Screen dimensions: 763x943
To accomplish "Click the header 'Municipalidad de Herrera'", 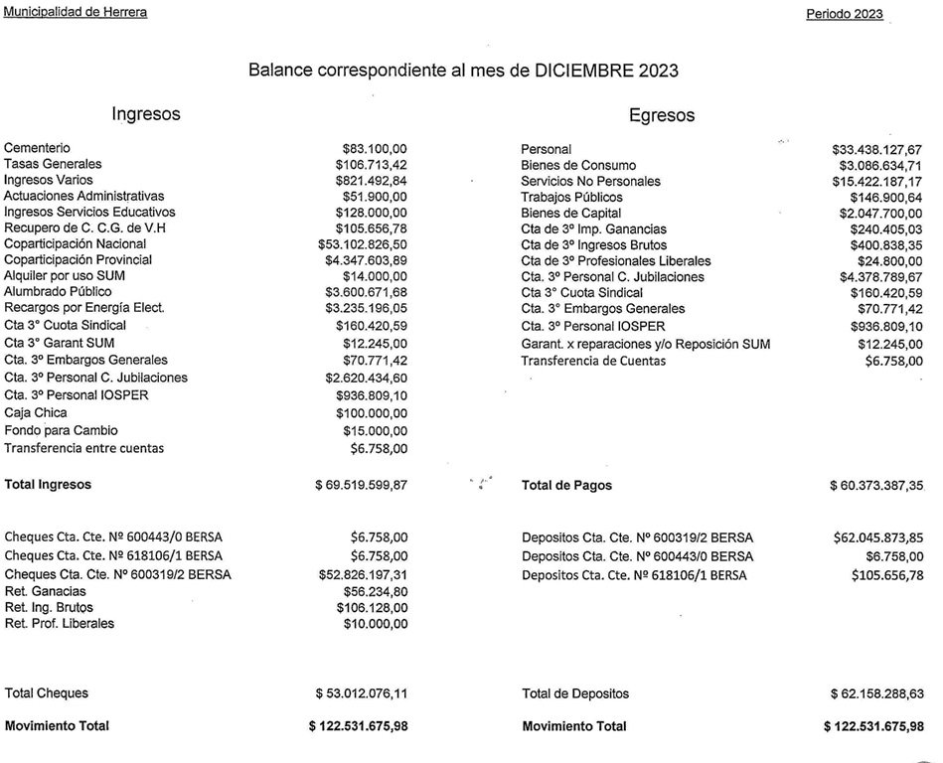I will [76, 12].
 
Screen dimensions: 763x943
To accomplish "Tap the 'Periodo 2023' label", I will [844, 15].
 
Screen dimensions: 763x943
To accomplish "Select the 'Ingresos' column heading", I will [146, 113].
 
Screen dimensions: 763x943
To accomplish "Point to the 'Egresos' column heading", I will [662, 115].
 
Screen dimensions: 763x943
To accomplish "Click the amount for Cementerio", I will [375, 148].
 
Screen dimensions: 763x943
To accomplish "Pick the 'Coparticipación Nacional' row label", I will [76, 244].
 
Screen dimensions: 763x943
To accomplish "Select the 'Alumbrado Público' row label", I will [58, 292].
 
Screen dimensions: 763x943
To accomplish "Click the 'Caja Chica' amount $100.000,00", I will [371, 413].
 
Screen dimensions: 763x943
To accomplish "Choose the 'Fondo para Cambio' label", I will [61, 431].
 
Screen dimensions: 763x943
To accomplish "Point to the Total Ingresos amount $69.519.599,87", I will [361, 486].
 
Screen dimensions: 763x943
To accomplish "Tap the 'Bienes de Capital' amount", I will [880, 214].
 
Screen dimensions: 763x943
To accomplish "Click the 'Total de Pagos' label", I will [566, 486].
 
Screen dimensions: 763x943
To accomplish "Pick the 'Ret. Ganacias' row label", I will [46, 592].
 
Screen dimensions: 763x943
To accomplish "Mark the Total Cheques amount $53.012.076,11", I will [361, 694].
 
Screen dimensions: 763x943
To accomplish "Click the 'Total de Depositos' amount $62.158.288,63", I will [875, 694].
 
